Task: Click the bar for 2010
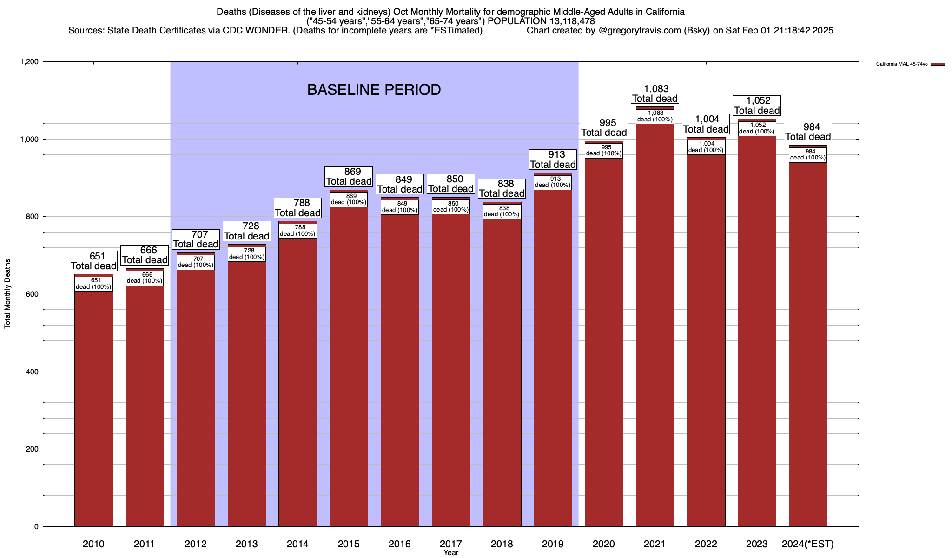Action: (93, 409)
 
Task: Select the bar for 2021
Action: (654, 325)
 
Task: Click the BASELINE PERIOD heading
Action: (374, 90)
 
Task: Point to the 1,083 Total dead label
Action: (654, 93)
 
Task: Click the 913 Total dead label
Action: (553, 159)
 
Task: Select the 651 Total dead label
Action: (93, 261)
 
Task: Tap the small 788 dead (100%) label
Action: (297, 231)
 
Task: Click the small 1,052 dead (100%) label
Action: (757, 128)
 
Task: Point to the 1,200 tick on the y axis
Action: (29, 62)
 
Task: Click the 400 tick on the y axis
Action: (33, 372)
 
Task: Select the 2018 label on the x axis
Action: (502, 544)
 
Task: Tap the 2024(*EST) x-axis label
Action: (808, 544)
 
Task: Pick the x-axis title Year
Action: (450, 553)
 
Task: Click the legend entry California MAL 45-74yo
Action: (902, 64)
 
